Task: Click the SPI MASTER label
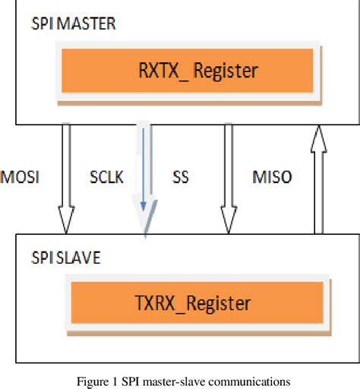point(74,24)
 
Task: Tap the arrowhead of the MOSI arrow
point(67,224)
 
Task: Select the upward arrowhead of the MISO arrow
point(320,137)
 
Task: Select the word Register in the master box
point(226,71)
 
